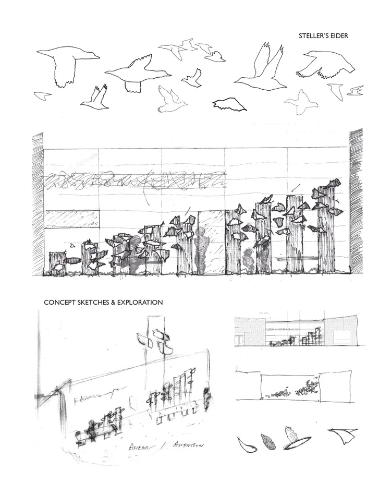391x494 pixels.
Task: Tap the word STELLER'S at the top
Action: tap(314, 36)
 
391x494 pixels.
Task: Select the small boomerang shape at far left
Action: tap(42, 95)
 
